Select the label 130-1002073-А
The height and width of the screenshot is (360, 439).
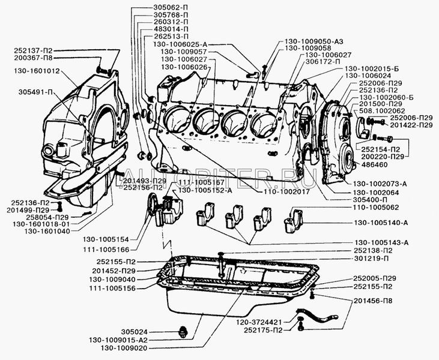pos(388,184)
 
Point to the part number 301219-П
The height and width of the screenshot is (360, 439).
pos(383,259)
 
